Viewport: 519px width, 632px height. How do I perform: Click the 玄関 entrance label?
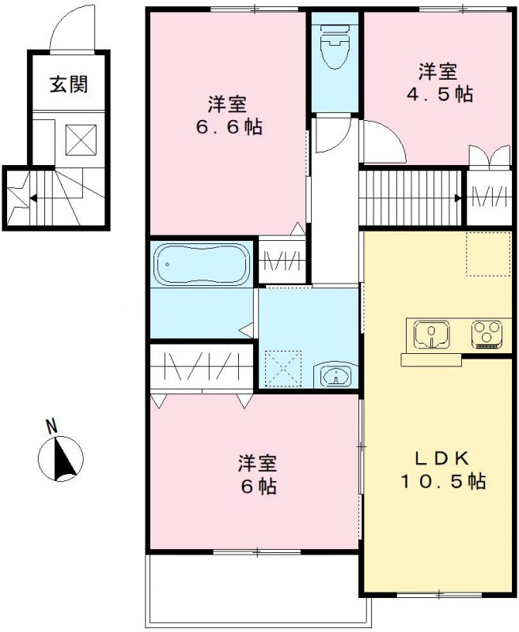pos(69,85)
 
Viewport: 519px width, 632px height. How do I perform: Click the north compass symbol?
pos(61,460)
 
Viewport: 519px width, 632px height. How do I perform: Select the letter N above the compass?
pos(52,427)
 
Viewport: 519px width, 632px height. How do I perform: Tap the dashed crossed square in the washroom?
pos(284,367)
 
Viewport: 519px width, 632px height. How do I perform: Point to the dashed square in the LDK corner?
pos(487,254)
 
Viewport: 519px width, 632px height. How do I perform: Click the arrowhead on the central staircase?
pos(459,197)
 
